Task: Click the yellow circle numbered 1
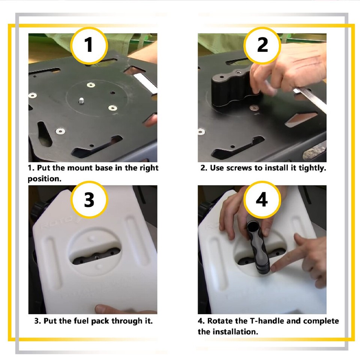point(89,45)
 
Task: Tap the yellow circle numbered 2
point(262,45)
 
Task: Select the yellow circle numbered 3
point(89,199)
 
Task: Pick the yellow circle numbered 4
point(262,199)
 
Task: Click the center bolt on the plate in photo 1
point(81,100)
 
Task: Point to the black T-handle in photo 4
point(258,247)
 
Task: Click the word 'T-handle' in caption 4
point(267,321)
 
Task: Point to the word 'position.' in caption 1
point(45,179)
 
